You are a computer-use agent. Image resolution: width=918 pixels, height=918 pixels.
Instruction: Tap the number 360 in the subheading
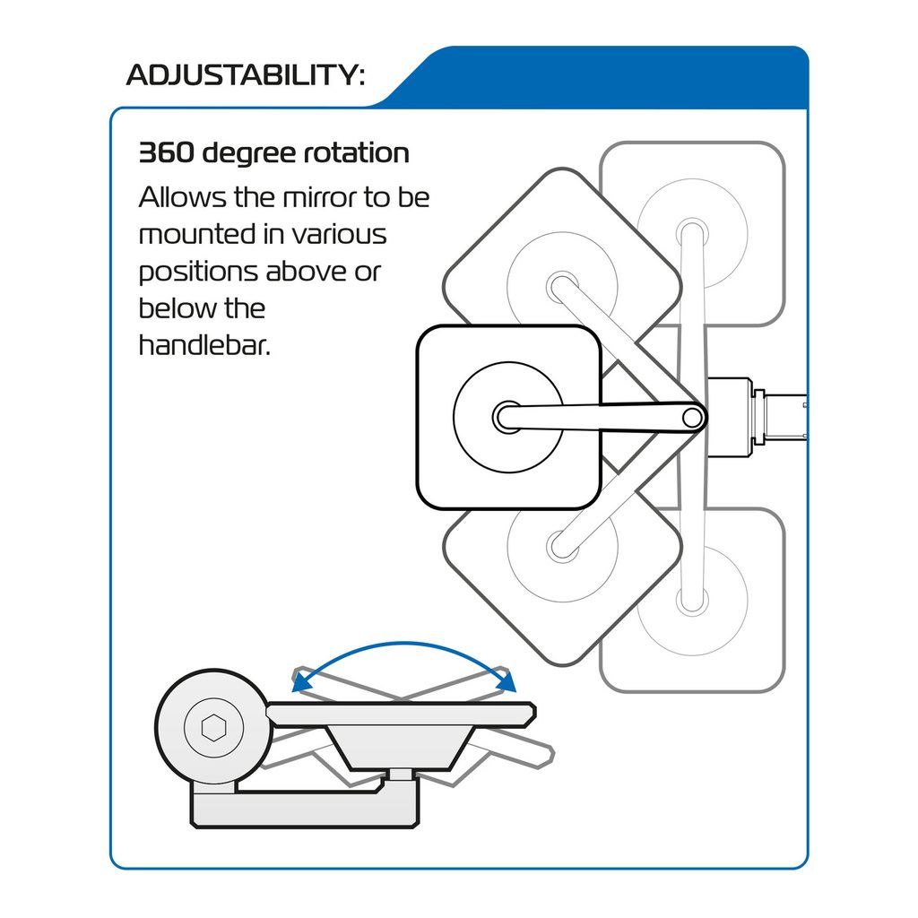point(166,152)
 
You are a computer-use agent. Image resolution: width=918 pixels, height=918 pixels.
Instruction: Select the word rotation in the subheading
point(356,152)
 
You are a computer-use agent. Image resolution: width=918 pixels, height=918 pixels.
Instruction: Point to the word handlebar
point(204,345)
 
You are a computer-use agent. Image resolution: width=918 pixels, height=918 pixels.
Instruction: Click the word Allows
point(182,197)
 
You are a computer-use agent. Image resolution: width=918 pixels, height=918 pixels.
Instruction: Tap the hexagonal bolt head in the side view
point(213,728)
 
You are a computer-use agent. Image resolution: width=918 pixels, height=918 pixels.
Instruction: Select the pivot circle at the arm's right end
point(693,418)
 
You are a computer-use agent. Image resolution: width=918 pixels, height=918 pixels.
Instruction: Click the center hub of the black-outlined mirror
point(507,417)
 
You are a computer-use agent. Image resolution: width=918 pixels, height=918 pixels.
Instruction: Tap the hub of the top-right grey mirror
point(693,234)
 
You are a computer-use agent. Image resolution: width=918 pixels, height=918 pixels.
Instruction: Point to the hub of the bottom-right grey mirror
point(693,601)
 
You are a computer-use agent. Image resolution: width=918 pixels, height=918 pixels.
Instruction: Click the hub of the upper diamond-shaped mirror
point(562,287)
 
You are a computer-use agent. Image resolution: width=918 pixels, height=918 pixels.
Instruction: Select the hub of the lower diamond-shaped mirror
point(562,547)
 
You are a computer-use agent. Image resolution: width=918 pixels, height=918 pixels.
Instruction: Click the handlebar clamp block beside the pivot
point(730,417)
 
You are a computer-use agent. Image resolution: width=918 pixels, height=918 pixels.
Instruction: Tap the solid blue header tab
point(597,77)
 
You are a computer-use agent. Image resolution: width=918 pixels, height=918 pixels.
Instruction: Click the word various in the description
point(339,235)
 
